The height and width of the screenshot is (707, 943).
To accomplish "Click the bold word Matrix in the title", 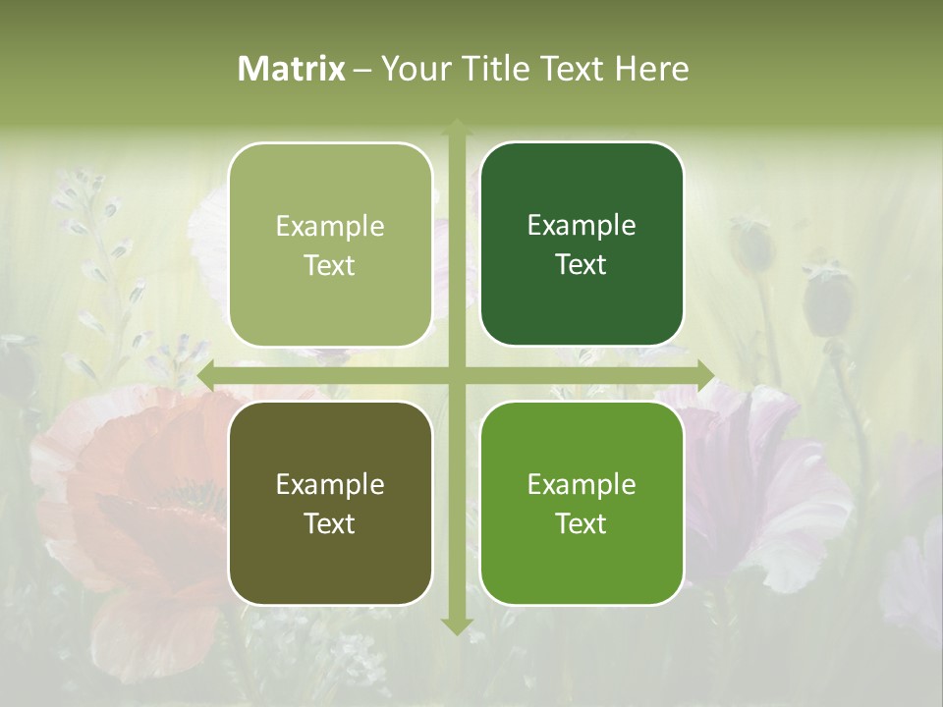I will (x=292, y=69).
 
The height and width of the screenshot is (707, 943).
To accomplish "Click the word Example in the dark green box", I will (x=582, y=225).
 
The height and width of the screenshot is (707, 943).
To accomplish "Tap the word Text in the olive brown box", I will (x=330, y=523).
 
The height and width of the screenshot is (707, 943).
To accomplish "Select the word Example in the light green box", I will (x=330, y=226).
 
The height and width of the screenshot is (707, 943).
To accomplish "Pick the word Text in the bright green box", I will (x=582, y=523).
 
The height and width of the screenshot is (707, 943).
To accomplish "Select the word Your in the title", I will (x=410, y=69).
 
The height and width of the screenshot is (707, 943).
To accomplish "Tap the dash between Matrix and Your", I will (x=362, y=70).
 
